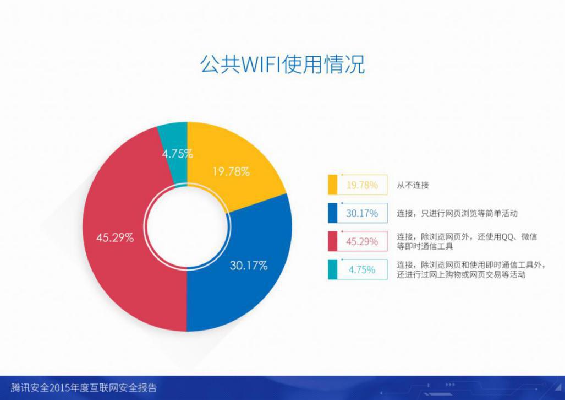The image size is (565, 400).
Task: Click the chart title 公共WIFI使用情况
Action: (283, 64)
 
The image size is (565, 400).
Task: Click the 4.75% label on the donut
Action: (177, 154)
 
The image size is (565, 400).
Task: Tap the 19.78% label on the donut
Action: (231, 171)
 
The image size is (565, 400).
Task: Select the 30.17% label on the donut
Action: (249, 266)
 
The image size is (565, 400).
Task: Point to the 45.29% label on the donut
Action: (115, 237)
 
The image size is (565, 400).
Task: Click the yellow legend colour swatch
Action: (333, 185)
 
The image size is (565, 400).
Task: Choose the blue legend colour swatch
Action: (333, 213)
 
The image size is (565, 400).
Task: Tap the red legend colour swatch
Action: (333, 241)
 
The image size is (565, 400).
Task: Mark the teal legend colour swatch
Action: (333, 269)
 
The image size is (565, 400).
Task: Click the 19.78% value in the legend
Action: (362, 185)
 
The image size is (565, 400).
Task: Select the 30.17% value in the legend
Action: (362, 213)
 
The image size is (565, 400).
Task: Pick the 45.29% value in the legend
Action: (362, 241)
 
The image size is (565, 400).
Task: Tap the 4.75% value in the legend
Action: (362, 269)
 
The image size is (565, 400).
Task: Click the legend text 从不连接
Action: (413, 185)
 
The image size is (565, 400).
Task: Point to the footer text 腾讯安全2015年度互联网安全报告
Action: (84, 388)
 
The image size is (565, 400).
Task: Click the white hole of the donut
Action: (187, 226)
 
